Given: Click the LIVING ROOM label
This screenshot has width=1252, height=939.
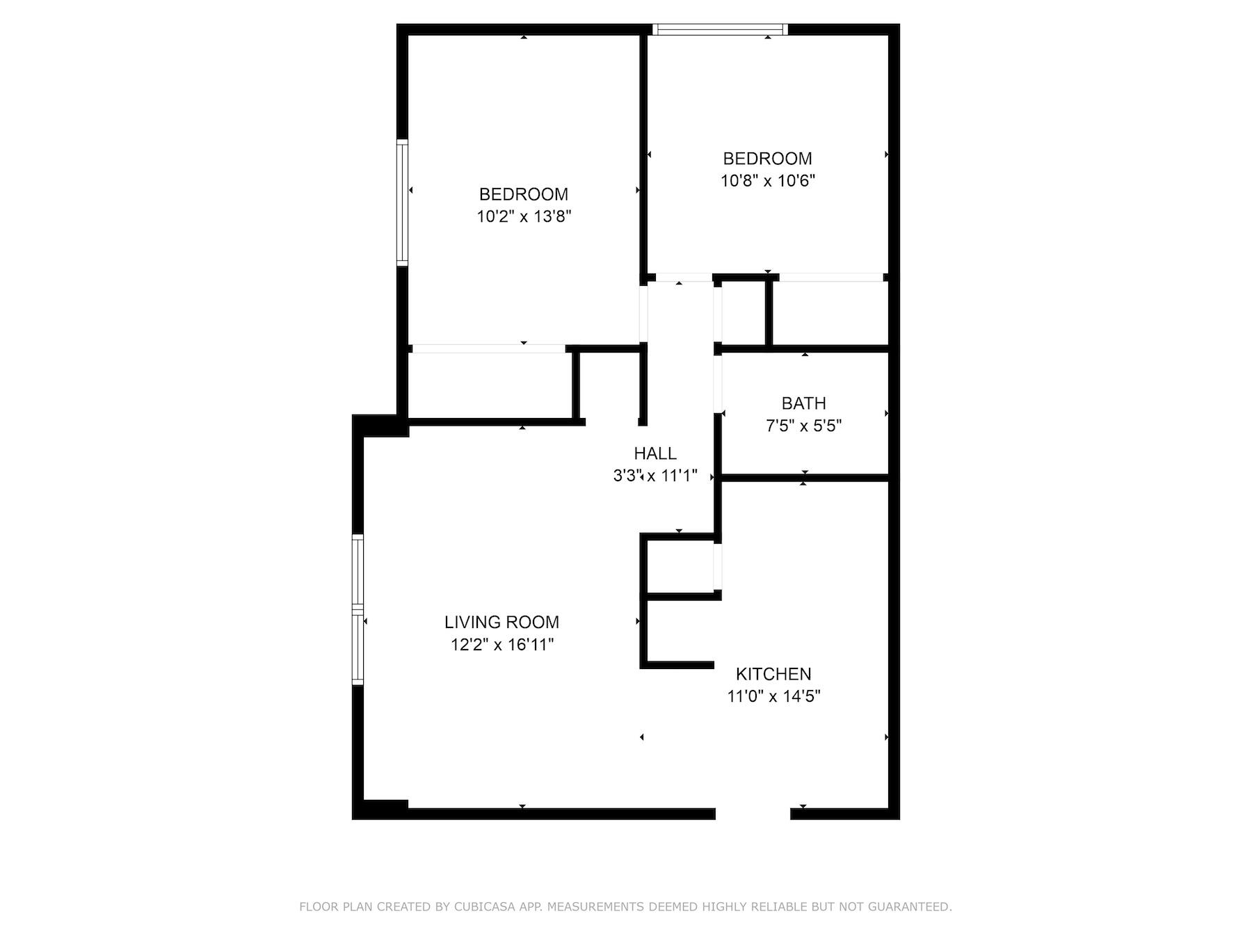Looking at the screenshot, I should (x=501, y=622).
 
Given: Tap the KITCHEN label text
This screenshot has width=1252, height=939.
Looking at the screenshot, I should (x=773, y=674).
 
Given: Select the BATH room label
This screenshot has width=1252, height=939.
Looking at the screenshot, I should (x=803, y=403).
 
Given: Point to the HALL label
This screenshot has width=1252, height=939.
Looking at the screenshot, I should (x=655, y=454).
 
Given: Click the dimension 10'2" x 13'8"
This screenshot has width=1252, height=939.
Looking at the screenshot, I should (x=524, y=216).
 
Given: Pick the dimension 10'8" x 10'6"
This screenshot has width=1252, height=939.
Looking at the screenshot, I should (x=767, y=181).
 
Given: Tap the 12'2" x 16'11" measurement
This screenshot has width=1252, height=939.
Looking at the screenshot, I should (x=501, y=645).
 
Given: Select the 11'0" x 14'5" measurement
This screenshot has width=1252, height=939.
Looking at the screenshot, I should (x=773, y=696).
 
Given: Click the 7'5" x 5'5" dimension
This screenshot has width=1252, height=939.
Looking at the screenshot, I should (x=803, y=426).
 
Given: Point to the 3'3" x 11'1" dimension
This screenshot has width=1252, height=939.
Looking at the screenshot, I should (x=655, y=476).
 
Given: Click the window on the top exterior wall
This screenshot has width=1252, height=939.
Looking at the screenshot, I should (x=721, y=29).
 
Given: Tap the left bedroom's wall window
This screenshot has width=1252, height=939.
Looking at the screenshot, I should (x=402, y=202).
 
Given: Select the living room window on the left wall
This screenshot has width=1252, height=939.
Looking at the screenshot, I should (x=358, y=609).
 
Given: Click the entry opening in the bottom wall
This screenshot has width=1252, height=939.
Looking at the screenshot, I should (x=753, y=814).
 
